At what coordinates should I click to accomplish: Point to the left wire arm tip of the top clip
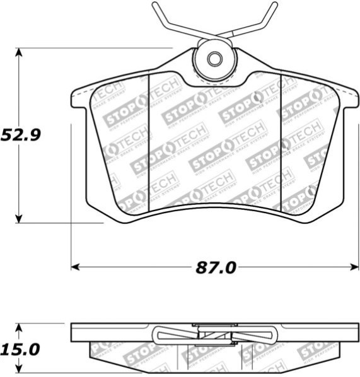tap(154, 6)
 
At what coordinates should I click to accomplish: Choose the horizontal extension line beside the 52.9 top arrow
tap(95, 48)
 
